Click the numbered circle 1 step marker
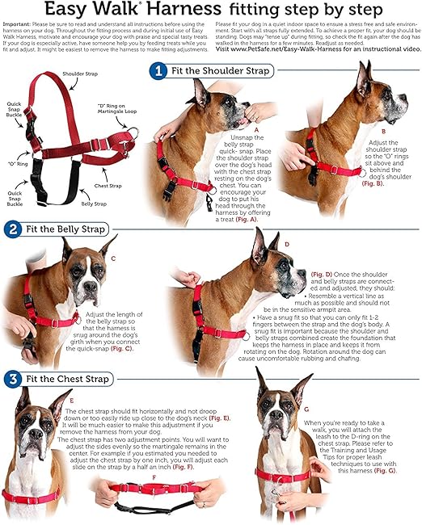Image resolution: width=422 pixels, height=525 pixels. (x=159, y=72)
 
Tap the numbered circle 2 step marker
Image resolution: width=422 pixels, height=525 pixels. (x=11, y=229)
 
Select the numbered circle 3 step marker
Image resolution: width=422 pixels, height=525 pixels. (x=11, y=378)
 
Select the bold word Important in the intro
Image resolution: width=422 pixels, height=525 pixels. (x=19, y=26)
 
